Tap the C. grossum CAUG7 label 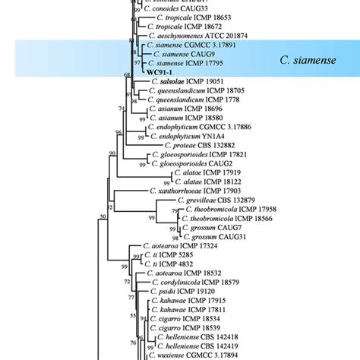point(215,226)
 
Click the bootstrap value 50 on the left point(103,219)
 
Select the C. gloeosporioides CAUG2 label point(189,163)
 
